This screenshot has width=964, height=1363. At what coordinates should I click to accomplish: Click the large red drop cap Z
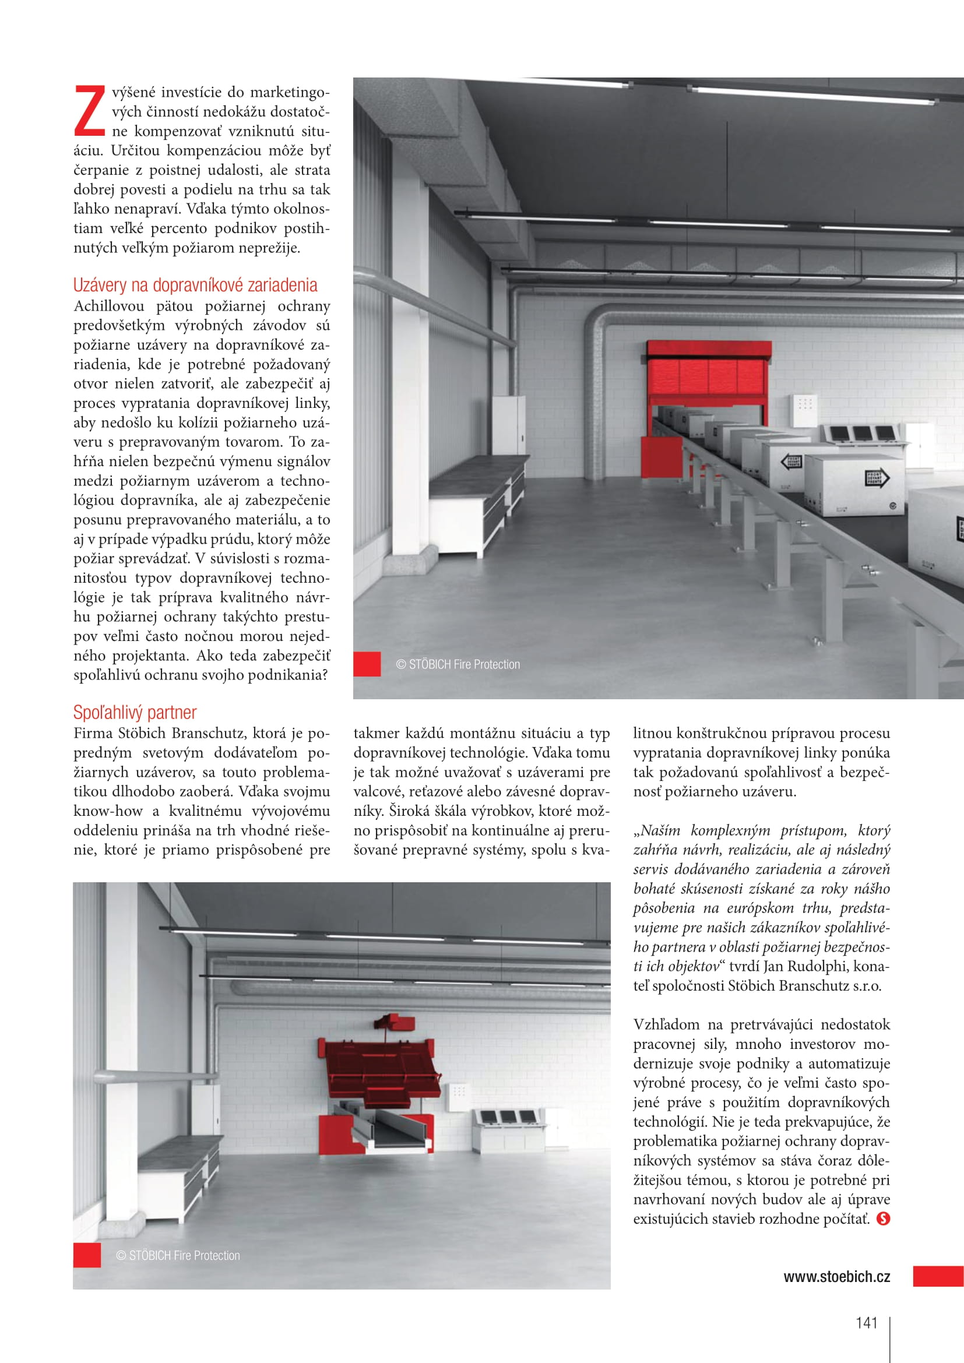point(90,110)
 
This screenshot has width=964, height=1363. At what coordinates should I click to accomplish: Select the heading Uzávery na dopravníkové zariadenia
point(195,286)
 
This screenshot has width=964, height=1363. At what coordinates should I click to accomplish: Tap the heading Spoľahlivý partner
point(135,712)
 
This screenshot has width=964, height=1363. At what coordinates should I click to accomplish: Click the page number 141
point(866,1323)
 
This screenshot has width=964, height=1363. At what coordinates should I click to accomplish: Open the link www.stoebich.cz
point(836,1277)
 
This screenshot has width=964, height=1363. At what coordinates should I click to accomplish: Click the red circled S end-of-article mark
point(883,1218)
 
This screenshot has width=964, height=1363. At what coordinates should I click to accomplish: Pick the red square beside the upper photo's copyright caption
point(367,664)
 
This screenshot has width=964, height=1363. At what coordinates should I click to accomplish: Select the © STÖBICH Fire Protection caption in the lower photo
point(178,1256)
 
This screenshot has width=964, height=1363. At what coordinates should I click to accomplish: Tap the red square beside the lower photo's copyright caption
point(87,1255)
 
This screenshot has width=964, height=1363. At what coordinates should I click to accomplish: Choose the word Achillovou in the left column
point(108,307)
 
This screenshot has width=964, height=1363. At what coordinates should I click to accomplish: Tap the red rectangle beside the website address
point(938,1276)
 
